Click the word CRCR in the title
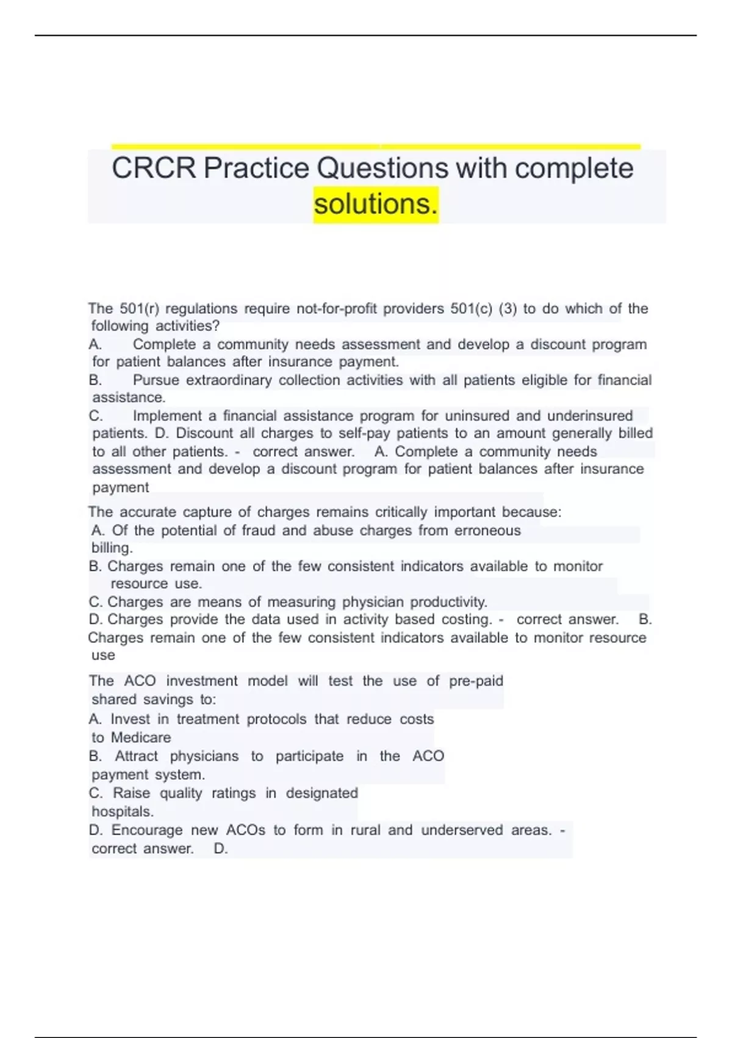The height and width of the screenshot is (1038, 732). (154, 169)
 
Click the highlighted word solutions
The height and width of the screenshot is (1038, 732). (376, 204)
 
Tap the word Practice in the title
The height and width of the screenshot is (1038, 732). (256, 169)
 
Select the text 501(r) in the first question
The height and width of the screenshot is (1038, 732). (139, 308)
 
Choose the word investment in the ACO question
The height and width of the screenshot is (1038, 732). (202, 681)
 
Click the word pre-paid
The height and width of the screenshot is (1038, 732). (476, 681)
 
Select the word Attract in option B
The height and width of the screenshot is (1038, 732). (136, 756)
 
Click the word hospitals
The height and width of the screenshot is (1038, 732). (122, 811)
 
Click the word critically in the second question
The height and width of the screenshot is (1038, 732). (401, 512)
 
